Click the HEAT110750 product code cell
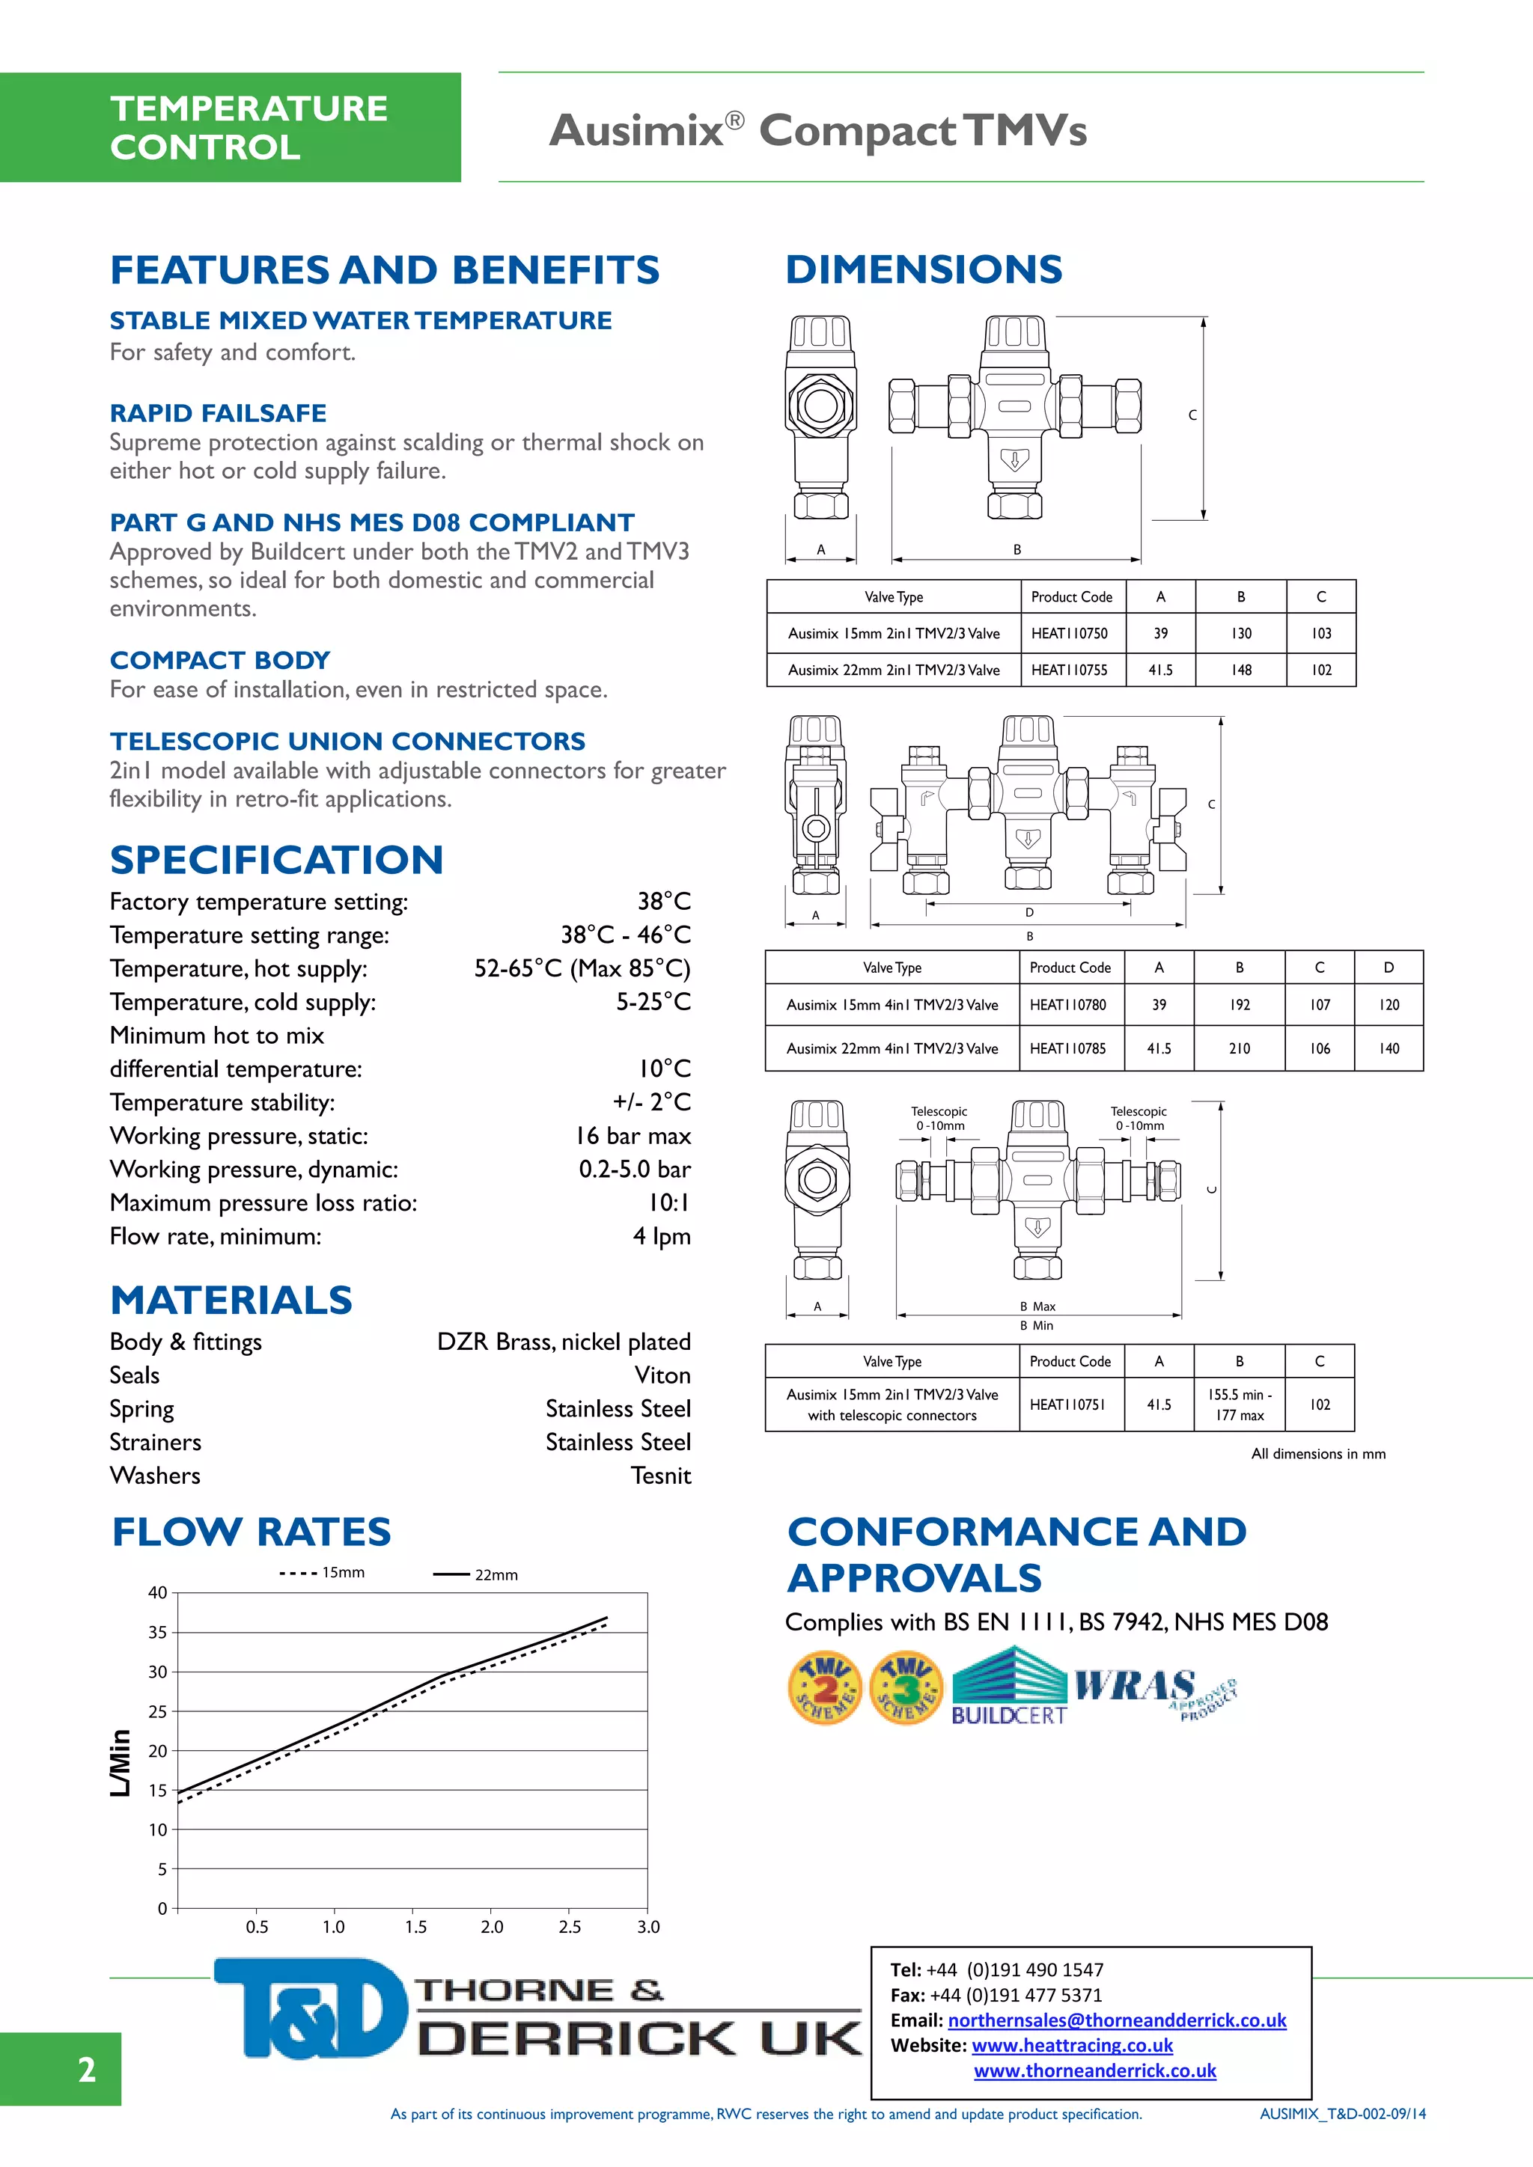1069,633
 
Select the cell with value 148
1240,670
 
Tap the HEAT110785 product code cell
1067,1048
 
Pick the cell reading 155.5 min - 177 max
1240,1405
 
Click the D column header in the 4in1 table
1389,968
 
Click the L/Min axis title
121,1762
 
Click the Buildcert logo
1009,1687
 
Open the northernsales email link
1117,2020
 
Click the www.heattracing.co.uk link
1073,2045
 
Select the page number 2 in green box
86,2070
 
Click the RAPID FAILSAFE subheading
218,413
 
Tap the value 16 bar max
633,1137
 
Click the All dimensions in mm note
1317,1453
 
